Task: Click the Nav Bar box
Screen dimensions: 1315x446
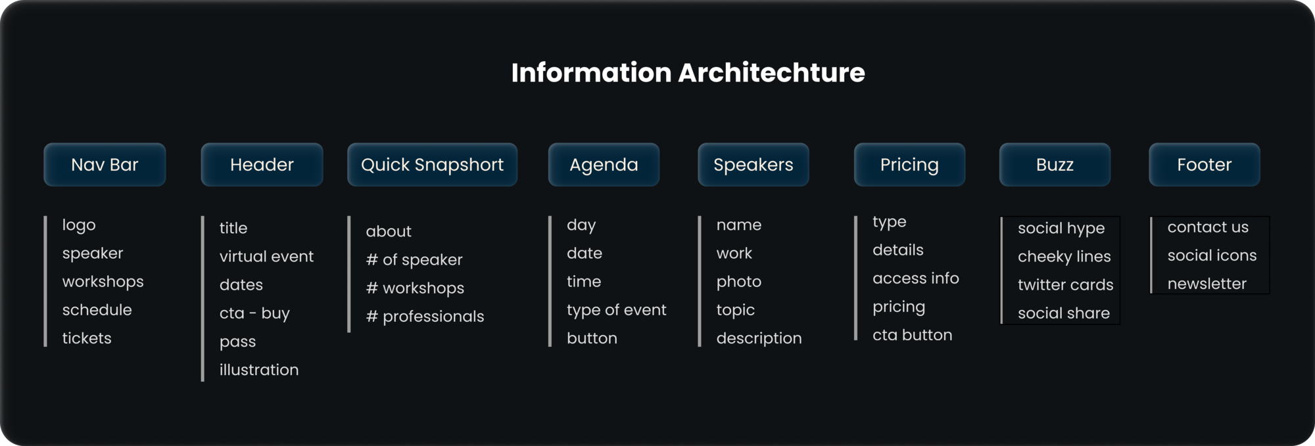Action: [105, 165]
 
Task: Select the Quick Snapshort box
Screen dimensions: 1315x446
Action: [432, 165]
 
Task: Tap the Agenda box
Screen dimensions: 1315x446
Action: [604, 165]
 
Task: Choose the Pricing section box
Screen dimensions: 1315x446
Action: [909, 165]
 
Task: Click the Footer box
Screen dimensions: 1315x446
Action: [1205, 165]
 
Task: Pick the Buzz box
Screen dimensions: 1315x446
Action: [1055, 165]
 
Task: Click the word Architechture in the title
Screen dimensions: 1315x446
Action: [771, 72]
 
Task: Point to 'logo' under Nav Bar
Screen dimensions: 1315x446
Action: [79, 225]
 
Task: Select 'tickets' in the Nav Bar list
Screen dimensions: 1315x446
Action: [87, 338]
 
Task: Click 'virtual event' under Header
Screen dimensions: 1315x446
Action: [266, 256]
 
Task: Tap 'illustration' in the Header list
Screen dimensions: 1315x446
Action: [259, 370]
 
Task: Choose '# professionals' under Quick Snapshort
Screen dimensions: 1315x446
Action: [425, 317]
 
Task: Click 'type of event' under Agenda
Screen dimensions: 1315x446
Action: [616, 310]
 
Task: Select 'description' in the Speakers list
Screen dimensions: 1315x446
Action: [759, 338]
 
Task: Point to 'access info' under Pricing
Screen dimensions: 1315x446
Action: [915, 279]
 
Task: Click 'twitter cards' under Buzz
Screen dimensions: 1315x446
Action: [1065, 285]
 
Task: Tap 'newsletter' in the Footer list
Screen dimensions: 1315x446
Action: [1207, 284]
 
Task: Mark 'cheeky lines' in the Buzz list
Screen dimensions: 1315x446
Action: [1064, 257]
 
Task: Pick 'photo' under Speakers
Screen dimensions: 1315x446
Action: [738, 282]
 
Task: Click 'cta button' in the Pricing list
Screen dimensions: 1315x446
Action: [912, 335]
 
